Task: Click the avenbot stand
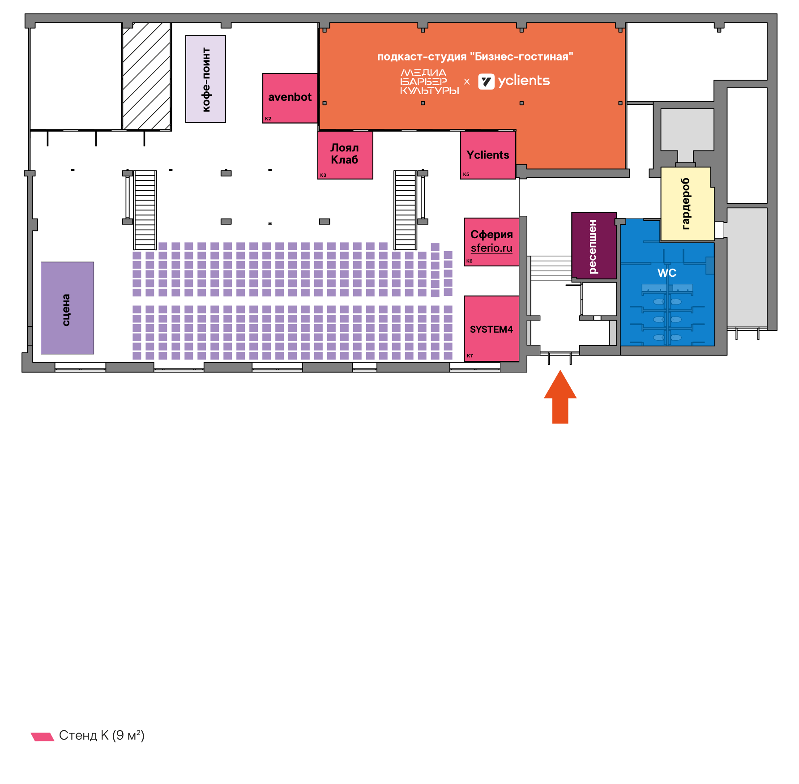(290, 98)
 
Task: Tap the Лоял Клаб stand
(345, 155)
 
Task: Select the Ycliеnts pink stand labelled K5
(488, 155)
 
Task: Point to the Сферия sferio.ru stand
(491, 242)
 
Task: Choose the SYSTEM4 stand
(491, 329)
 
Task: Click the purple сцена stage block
(68, 308)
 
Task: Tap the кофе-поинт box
(205, 79)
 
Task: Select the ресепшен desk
(594, 245)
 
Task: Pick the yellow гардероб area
(687, 204)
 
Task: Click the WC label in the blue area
(667, 273)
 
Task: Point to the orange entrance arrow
(560, 397)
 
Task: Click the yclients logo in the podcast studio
(514, 81)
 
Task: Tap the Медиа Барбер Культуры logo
(429, 81)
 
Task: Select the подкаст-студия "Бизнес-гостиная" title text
(475, 57)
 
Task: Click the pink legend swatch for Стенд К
(43, 737)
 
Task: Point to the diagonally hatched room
(147, 76)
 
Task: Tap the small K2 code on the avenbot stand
(268, 119)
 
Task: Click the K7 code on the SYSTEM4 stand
(470, 356)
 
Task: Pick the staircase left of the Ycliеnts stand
(406, 210)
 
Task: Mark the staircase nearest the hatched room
(145, 210)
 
